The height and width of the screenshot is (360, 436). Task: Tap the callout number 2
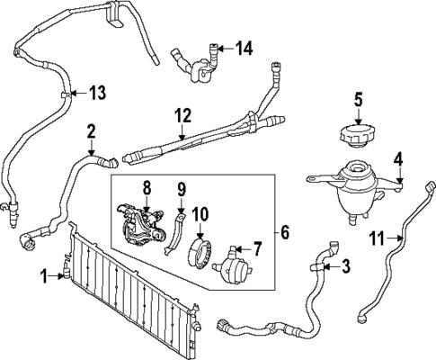point(92,133)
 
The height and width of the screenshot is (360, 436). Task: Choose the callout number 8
point(147,189)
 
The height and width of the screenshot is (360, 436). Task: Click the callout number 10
point(200,214)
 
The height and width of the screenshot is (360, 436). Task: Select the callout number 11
point(377,238)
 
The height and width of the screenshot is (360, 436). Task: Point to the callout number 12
point(182,115)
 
